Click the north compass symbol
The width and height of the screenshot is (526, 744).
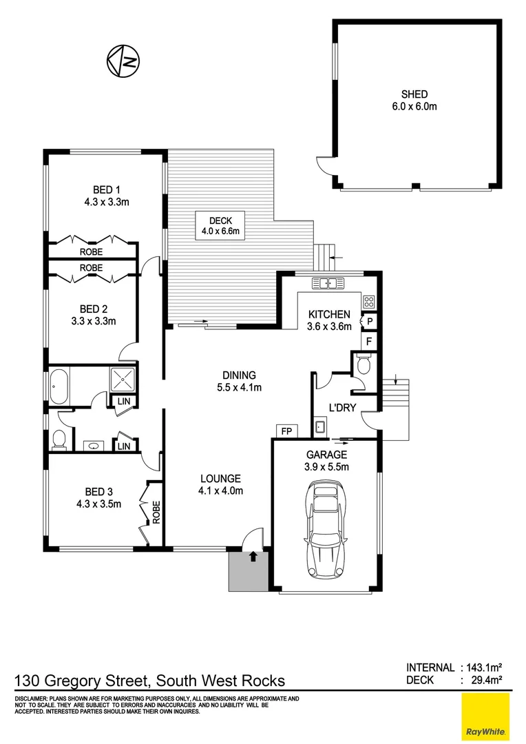pos(123,61)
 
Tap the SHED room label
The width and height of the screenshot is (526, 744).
pos(414,94)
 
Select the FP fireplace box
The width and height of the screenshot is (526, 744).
pos(286,431)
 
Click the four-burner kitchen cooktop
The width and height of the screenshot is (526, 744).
pos(369,301)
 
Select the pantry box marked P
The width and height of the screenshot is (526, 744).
pos(370,322)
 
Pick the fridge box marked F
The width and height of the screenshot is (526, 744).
pos(369,341)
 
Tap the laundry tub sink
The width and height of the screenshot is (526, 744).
pos(320,427)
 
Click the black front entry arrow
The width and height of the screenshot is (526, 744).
pos(253,556)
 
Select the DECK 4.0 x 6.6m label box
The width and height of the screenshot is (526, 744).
pos(220,226)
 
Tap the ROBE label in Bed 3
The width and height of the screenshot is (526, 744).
pos(156,512)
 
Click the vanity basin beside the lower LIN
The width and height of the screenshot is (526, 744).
pos(94,446)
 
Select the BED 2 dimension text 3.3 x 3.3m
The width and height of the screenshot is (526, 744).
pos(94,321)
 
